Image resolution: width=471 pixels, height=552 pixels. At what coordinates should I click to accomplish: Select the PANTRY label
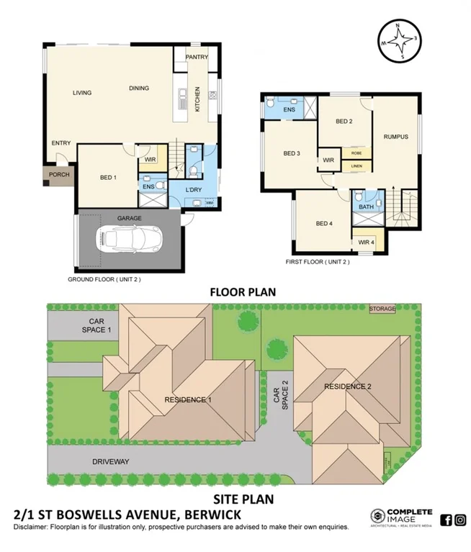pyautogui.click(x=196, y=57)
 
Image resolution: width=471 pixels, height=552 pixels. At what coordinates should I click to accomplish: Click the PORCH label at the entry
pyautogui.click(x=59, y=175)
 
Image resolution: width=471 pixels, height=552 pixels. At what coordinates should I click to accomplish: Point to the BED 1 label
pyautogui.click(x=108, y=177)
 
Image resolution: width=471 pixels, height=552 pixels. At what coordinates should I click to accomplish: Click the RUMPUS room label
pyautogui.click(x=395, y=137)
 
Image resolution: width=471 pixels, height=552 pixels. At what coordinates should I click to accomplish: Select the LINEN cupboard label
pyautogui.click(x=356, y=166)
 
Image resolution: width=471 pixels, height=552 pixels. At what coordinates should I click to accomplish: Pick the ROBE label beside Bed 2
pyautogui.click(x=356, y=153)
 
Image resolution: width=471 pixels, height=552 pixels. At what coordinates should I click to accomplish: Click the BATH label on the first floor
pyautogui.click(x=366, y=207)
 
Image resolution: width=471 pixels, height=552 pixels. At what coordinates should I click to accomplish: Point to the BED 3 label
pyautogui.click(x=291, y=153)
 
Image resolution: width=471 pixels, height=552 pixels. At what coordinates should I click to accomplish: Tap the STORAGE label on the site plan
pyautogui.click(x=382, y=309)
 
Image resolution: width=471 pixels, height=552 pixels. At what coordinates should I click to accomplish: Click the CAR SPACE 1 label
pyautogui.click(x=99, y=326)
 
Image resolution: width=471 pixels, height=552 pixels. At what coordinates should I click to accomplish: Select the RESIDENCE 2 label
pyautogui.click(x=347, y=386)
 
